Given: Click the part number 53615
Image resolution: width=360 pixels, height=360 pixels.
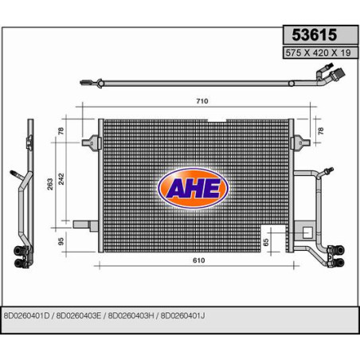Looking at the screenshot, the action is [315, 35].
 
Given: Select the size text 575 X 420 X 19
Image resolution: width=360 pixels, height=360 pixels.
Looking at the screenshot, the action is [318, 53].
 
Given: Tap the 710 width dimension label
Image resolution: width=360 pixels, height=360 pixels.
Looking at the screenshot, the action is [202, 101].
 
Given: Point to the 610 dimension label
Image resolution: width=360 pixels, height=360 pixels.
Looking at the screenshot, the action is [198, 260].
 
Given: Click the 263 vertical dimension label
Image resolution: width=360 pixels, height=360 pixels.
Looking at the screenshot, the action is [50, 184].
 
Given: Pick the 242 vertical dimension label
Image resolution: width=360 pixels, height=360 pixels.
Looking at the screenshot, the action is [61, 179].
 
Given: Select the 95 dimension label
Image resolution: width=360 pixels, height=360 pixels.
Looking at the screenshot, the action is [61, 241].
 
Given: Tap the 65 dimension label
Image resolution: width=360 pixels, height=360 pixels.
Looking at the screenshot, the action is [266, 242].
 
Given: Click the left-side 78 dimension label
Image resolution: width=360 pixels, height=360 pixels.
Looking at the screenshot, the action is [61, 131].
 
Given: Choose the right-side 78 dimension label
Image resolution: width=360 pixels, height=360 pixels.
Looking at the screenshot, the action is [321, 131].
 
